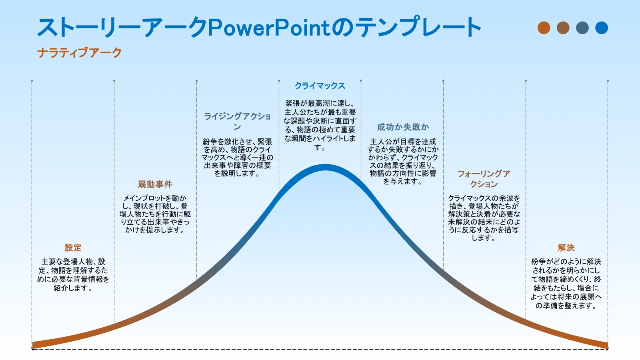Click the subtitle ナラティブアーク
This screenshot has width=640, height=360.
coord(80,52)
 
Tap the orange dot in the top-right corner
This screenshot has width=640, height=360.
coord(544,28)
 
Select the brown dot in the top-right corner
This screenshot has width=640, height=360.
coord(563,28)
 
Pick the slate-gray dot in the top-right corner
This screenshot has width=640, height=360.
coord(582,28)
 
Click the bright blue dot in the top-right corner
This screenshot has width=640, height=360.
coord(602,28)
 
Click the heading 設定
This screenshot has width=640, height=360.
coord(73,248)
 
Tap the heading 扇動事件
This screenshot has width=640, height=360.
coord(155,184)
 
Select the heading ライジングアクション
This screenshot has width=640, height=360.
coord(237,122)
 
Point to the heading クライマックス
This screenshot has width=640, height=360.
coord(320,86)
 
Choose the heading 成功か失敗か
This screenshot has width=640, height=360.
coord(403,127)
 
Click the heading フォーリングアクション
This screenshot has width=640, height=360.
coord(484,179)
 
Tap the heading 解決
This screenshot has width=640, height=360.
coord(566,248)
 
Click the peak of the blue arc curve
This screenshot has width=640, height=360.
coord(325,168)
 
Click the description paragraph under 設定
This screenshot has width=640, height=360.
coord(73,274)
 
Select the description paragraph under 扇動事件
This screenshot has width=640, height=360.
coord(155,214)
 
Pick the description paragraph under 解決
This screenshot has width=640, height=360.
coord(566,284)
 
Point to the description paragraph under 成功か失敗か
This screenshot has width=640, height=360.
coord(403,162)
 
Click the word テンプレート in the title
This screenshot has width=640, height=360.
coord(420,28)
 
